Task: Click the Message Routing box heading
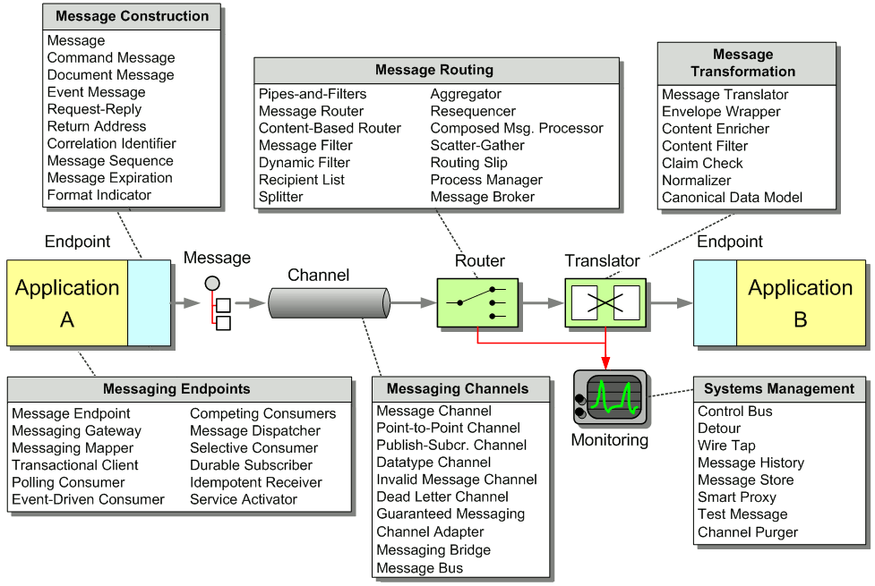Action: [434, 70]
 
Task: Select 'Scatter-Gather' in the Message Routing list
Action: [477, 146]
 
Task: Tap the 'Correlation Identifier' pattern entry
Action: [112, 143]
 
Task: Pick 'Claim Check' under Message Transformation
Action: [702, 164]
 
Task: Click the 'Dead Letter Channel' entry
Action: [442, 497]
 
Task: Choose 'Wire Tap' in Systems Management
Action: [726, 446]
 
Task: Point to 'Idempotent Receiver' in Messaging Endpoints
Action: [256, 482]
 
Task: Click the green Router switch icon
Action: [477, 302]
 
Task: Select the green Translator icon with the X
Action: [605, 302]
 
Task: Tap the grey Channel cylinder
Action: [330, 302]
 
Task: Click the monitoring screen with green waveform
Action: [611, 397]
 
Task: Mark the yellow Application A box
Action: [67, 302]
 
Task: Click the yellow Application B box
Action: [802, 302]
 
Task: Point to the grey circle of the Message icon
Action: [212, 284]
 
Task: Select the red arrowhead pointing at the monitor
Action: [605, 362]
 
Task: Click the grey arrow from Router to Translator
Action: [541, 302]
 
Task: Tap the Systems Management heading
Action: [779, 388]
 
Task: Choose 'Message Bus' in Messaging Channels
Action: [420, 568]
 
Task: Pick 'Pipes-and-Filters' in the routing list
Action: [313, 94]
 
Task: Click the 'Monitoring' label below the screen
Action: [609, 440]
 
